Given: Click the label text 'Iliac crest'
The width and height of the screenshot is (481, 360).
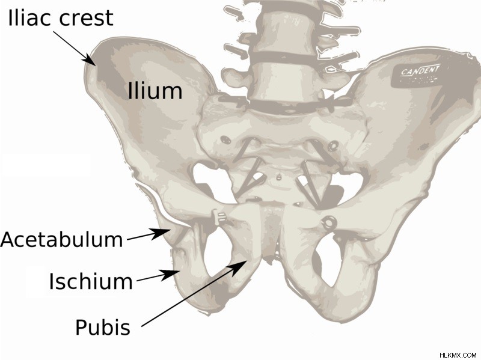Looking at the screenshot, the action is click(x=61, y=18).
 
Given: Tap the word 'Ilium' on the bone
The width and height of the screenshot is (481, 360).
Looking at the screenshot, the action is click(x=155, y=91).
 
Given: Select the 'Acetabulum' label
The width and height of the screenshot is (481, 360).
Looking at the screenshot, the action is click(x=62, y=239).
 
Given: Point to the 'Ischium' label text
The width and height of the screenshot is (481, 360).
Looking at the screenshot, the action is click(x=91, y=281).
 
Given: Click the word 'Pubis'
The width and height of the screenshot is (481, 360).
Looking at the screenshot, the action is click(x=103, y=327).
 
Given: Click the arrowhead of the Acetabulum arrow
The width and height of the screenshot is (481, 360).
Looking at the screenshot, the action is click(x=161, y=234).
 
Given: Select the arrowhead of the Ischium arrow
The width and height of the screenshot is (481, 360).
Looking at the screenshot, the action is click(x=170, y=275).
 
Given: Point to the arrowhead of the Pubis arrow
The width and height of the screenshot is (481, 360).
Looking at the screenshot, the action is click(x=239, y=266).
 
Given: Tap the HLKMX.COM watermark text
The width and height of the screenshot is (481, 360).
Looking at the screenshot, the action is click(x=458, y=355).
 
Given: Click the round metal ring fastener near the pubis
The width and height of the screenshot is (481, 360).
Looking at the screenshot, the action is click(x=328, y=221).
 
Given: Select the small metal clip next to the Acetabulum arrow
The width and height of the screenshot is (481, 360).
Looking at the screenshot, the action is click(x=219, y=217).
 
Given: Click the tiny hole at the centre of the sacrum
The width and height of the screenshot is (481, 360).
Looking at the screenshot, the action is click(x=279, y=177).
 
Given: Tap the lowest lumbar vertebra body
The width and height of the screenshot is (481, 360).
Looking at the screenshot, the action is click(x=282, y=81).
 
